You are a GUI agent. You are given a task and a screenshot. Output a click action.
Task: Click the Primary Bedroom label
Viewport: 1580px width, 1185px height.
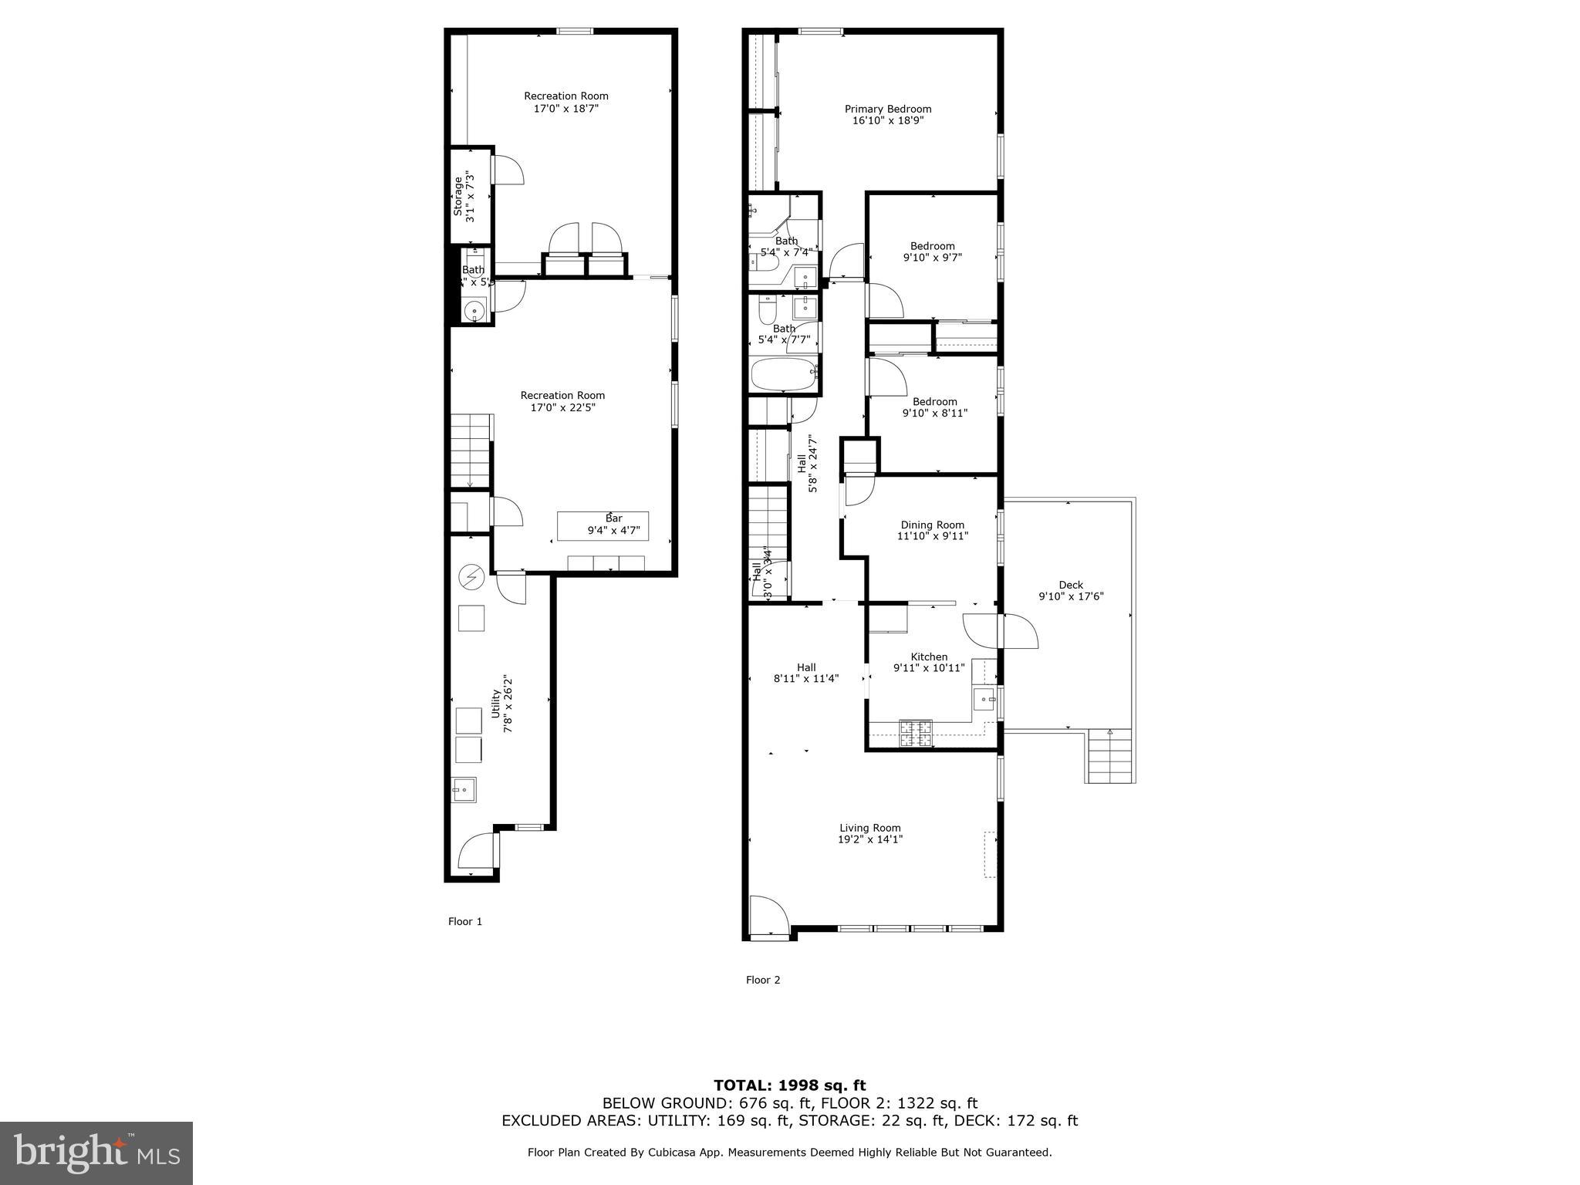[887, 110]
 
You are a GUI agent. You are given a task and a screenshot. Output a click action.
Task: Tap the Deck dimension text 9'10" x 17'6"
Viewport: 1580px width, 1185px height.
[1071, 596]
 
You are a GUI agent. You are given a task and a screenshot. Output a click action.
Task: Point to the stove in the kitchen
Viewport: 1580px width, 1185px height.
[916, 734]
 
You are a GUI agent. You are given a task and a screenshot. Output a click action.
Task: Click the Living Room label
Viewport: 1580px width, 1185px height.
[870, 828]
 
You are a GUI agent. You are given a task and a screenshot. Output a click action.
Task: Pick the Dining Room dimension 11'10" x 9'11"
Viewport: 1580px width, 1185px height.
[932, 535]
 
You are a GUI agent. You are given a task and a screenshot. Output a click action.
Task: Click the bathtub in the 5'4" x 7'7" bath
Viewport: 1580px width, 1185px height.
[784, 376]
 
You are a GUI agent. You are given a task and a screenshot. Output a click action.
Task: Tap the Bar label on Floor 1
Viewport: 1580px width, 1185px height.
[613, 518]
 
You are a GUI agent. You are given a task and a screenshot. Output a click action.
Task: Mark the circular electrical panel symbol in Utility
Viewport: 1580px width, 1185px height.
[471, 576]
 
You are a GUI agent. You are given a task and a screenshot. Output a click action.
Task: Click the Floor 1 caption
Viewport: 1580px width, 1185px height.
[464, 921]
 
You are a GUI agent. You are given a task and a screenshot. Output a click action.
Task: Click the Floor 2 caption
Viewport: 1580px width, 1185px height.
[762, 980]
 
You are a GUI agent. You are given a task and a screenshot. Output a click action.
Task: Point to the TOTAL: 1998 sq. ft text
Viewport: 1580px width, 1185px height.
[789, 1085]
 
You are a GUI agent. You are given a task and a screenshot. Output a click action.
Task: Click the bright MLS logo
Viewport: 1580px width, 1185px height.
[96, 1153]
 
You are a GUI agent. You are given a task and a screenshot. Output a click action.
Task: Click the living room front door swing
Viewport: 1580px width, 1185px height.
[768, 914]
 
